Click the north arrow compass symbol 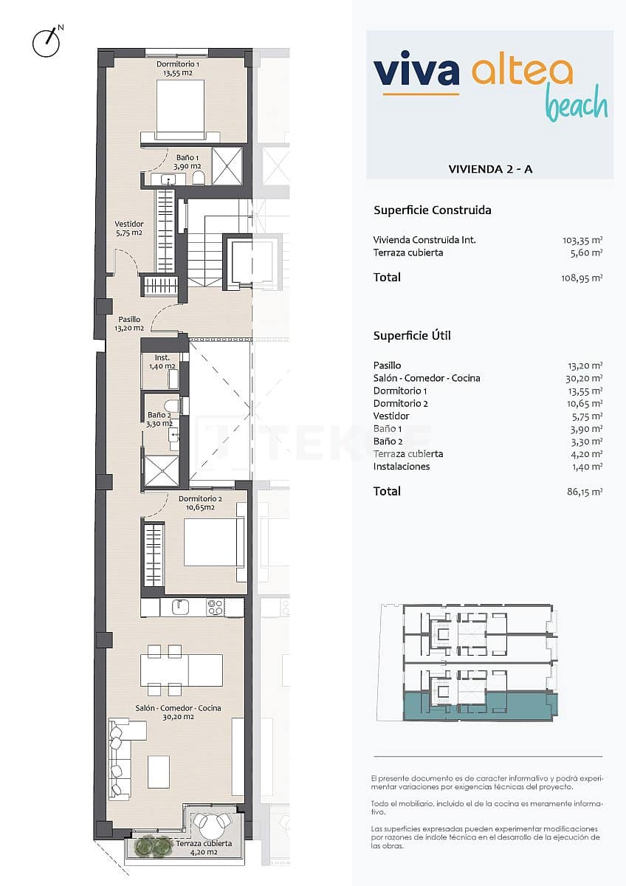pyautogui.click(x=46, y=42)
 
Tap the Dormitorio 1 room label pyautogui.click(x=178, y=69)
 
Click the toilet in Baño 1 pyautogui.click(x=197, y=179)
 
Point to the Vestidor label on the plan pyautogui.click(x=128, y=228)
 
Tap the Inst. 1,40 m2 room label pyautogui.click(x=161, y=362)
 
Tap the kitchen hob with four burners pyautogui.click(x=215, y=608)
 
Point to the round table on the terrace pyautogui.click(x=214, y=822)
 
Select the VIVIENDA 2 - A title pyautogui.click(x=490, y=169)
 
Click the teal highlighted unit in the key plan pyautogui.click(x=480, y=706)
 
